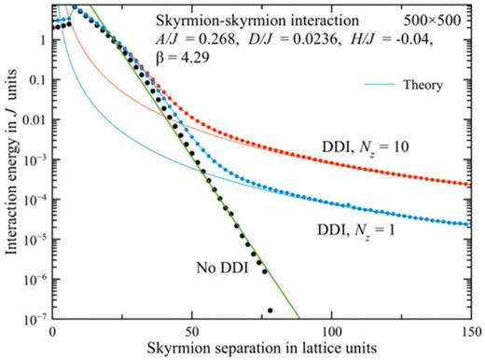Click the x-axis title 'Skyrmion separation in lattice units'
coord(264,349)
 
